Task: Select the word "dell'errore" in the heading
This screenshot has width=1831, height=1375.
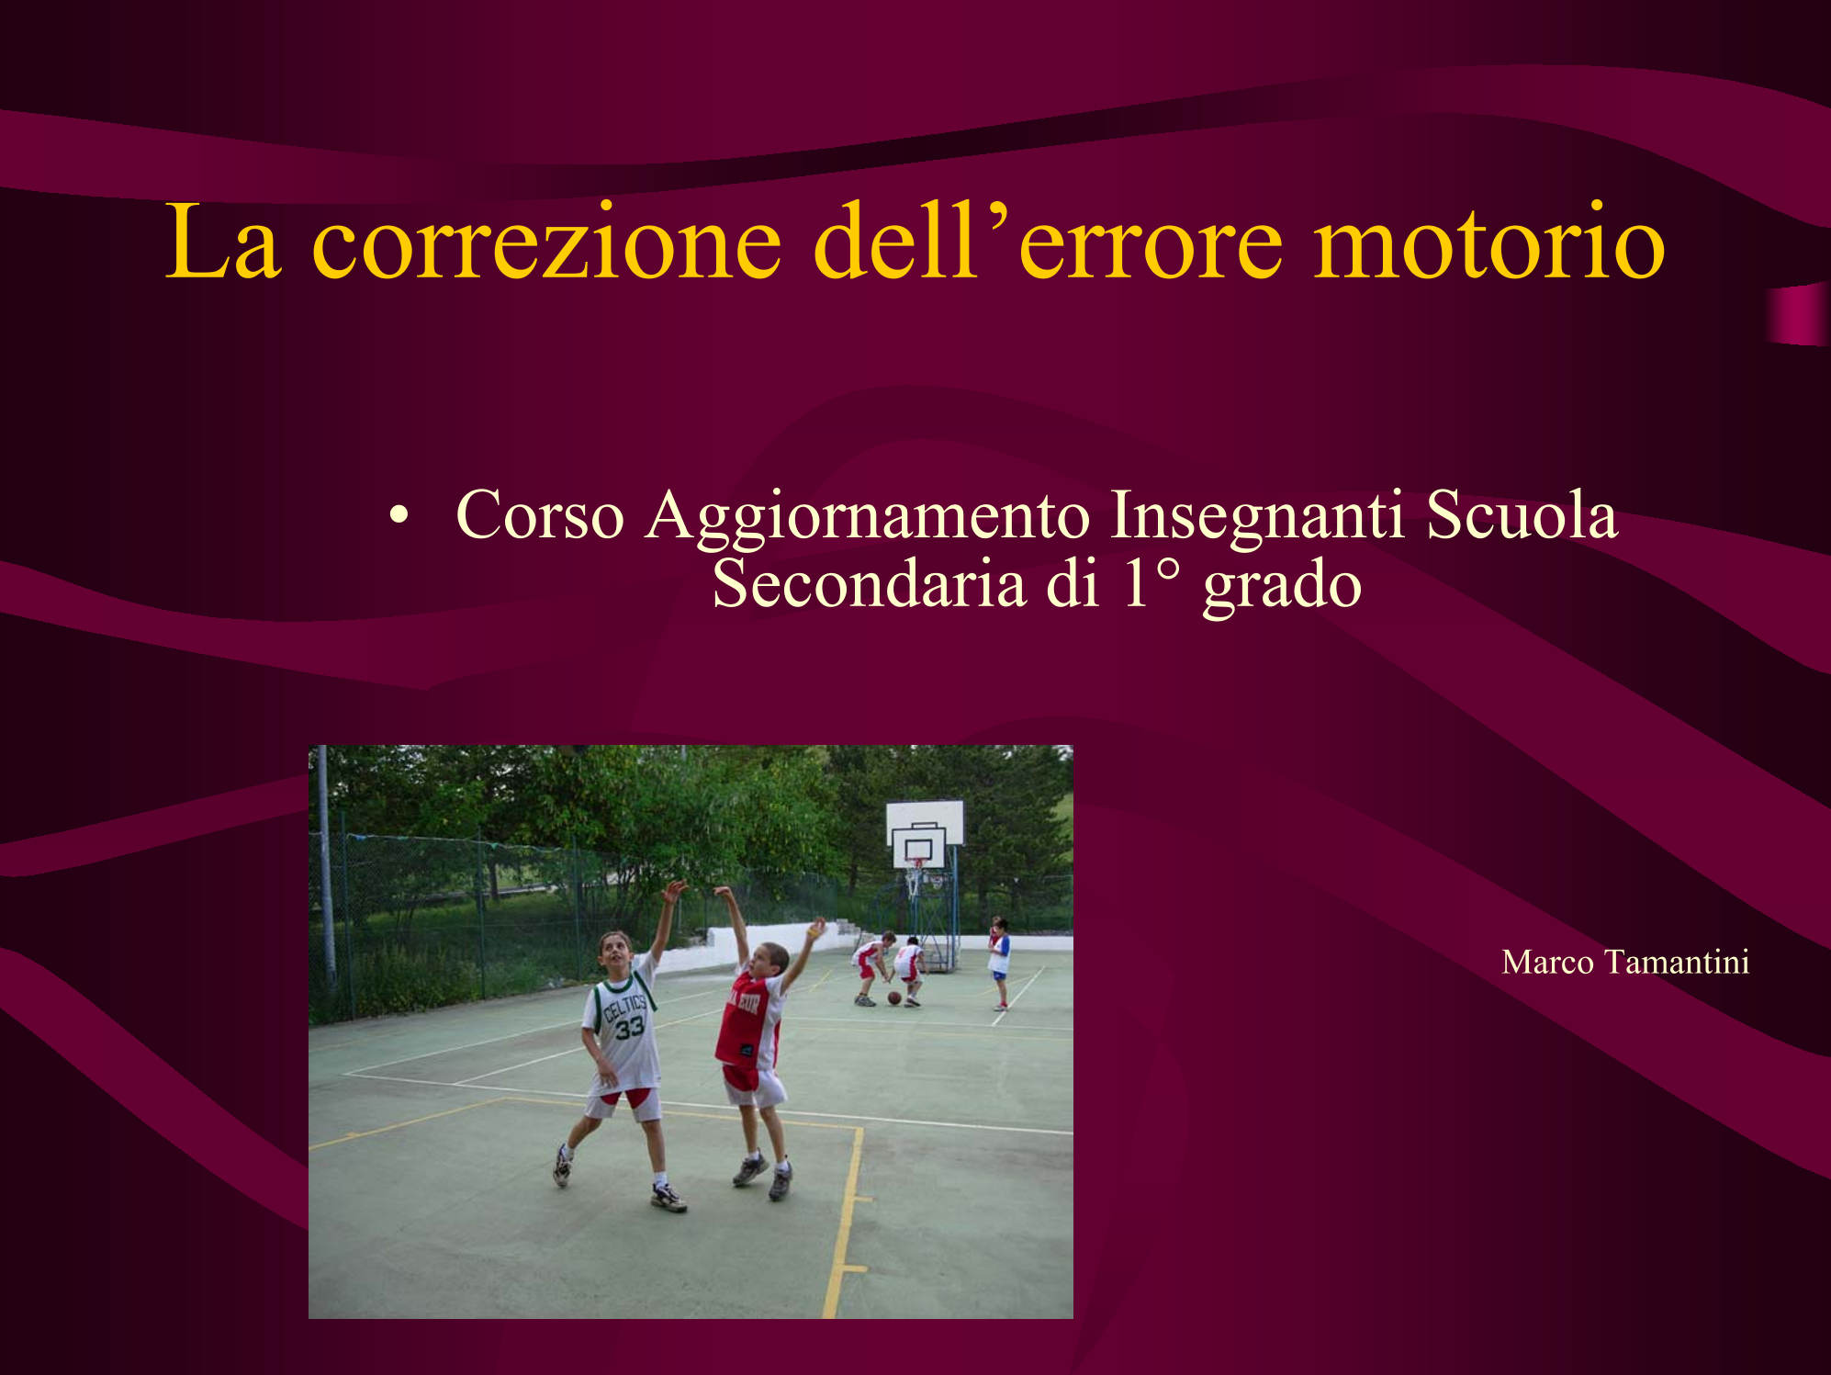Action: tap(1047, 242)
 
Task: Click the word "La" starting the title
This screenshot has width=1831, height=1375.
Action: tap(222, 242)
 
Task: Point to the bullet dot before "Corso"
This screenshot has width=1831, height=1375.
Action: tap(398, 515)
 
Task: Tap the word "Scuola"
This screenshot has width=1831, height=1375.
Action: tap(1522, 514)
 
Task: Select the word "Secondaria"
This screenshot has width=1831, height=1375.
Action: tap(869, 584)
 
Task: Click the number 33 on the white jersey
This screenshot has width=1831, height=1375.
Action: tap(630, 1026)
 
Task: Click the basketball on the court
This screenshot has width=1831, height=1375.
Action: tap(894, 997)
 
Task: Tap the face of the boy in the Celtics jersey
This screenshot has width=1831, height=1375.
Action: tap(616, 952)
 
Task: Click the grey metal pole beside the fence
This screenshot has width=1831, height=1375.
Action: tap(326, 868)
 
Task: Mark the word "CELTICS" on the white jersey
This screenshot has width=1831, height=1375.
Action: tap(624, 1007)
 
